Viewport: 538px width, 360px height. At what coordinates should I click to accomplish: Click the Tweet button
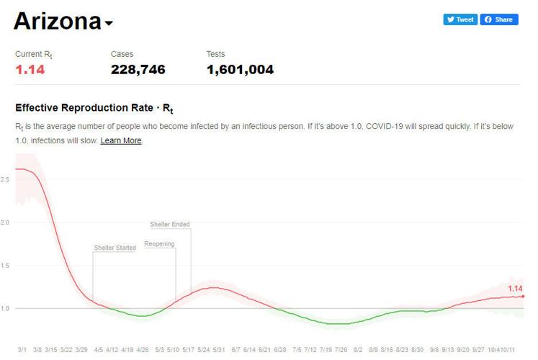[460, 19]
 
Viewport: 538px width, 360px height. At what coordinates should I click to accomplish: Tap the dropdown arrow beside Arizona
[109, 23]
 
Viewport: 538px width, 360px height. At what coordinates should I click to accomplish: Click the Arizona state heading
[57, 21]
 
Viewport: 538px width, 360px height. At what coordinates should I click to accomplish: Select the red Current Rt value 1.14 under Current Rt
[30, 70]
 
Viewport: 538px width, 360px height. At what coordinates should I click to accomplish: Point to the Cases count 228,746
[138, 70]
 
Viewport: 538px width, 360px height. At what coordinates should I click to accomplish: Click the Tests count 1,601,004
[240, 70]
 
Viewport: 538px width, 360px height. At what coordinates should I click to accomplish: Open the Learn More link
[121, 140]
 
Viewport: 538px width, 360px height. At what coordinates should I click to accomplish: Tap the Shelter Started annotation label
[115, 248]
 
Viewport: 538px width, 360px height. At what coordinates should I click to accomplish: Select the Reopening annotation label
[159, 244]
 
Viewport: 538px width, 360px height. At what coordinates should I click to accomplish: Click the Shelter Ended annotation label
[170, 225]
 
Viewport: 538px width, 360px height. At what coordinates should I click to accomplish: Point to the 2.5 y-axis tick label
[5, 179]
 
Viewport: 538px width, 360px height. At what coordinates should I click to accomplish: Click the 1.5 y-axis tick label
[5, 266]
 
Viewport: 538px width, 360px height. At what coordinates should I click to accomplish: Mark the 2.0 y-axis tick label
[5, 222]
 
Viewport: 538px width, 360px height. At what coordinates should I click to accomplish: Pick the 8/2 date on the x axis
[358, 349]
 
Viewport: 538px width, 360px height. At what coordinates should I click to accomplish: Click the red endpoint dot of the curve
[523, 296]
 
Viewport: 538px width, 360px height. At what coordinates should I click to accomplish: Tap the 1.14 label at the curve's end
[515, 289]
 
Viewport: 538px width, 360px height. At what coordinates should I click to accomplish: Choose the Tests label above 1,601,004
[215, 54]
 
